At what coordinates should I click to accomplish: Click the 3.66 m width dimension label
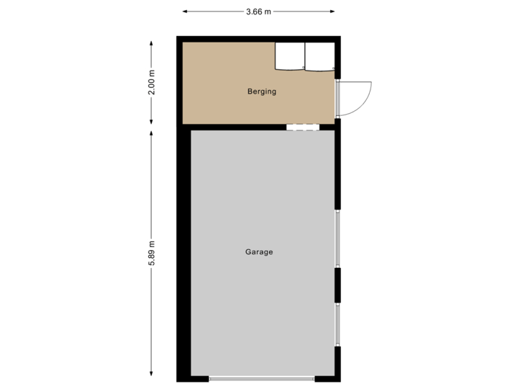click(259, 12)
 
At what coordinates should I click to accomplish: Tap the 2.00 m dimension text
click(151, 82)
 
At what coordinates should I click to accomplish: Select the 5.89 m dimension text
click(151, 254)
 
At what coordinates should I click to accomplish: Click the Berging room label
click(262, 91)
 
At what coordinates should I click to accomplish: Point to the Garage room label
click(259, 252)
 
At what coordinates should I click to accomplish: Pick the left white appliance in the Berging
click(290, 56)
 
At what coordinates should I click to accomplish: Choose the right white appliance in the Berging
click(319, 56)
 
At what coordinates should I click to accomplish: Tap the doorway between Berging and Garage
click(302, 127)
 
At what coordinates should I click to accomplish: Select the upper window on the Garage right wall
click(338, 240)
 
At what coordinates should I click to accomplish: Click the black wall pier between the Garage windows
click(338, 285)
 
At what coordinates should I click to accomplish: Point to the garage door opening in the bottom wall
click(262, 379)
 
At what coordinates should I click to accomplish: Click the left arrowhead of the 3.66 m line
click(184, 12)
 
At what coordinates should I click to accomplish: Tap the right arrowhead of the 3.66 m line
click(334, 12)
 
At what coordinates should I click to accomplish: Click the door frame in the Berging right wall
click(338, 98)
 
